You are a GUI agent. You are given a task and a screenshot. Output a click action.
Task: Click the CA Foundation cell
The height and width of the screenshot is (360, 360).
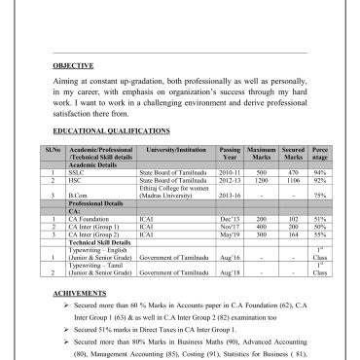point(91,221)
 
